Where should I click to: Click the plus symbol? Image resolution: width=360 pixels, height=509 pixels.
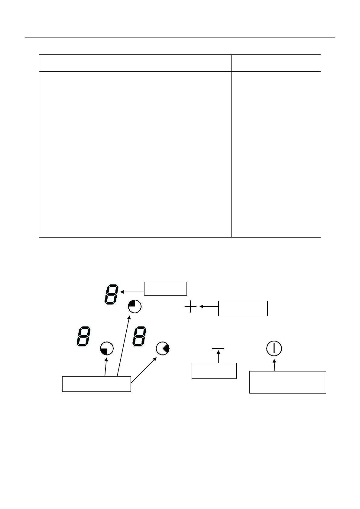[190, 308]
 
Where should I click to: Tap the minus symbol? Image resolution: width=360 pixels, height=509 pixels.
[218, 349]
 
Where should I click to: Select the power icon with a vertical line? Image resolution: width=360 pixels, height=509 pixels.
[274, 349]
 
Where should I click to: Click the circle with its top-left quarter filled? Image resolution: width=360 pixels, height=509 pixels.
[135, 307]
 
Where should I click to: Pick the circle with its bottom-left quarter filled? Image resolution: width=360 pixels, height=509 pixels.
[107, 349]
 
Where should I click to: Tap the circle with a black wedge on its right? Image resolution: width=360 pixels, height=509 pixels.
[163, 349]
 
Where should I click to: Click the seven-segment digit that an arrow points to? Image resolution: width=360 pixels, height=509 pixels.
[111, 294]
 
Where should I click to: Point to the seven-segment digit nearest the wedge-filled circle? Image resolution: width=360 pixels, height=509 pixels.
[140, 336]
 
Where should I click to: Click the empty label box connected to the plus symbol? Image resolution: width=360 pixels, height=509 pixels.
[243, 308]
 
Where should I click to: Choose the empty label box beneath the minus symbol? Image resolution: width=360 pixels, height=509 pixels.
[214, 371]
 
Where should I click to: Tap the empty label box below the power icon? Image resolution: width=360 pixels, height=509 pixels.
[287, 382]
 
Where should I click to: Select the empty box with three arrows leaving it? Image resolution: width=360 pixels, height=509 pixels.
[96, 384]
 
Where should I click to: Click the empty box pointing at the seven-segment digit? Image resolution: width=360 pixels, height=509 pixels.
[165, 288]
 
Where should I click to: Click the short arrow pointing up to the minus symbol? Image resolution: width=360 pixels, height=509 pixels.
[218, 357]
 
